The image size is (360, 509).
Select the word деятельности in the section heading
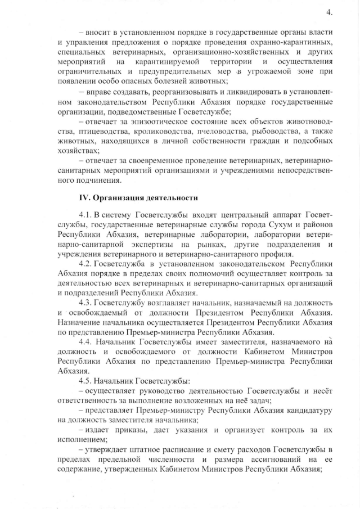pos(170,197)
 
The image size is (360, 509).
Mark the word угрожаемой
pos(266,72)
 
